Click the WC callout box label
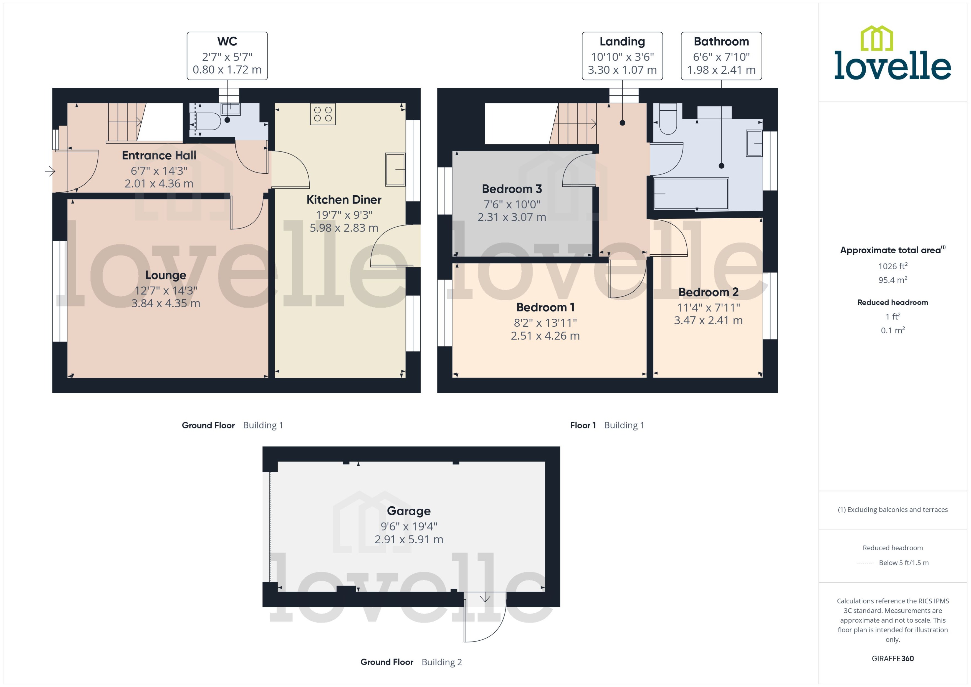click(227, 41)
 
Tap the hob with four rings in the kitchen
click(323, 114)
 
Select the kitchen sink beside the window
click(395, 169)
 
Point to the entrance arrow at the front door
click(50, 171)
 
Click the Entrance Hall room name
click(159, 155)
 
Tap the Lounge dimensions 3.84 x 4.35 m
click(165, 303)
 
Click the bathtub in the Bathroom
click(691, 194)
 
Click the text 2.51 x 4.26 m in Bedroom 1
click(545, 336)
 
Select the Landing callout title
click(622, 41)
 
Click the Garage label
click(409, 511)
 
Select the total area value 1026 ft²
click(892, 266)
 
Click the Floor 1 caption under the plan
click(583, 425)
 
